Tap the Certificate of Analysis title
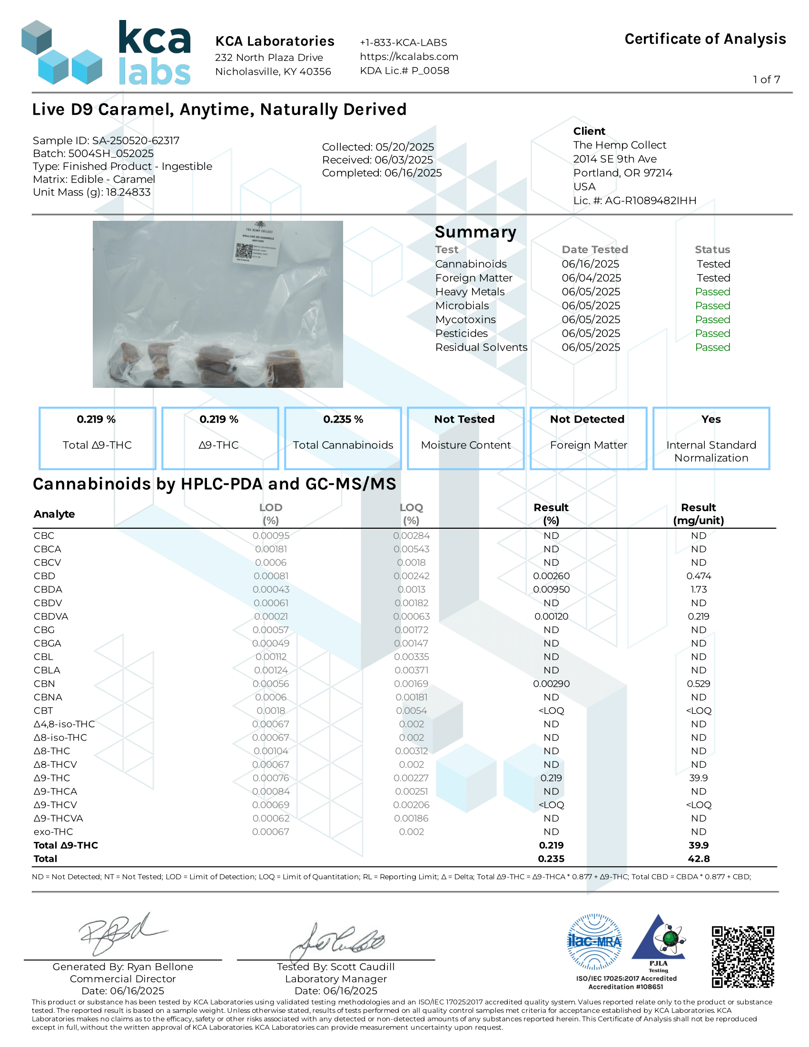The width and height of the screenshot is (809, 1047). pos(704,39)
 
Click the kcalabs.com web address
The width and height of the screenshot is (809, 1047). pos(409,57)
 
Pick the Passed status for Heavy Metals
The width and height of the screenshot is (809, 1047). pos(712,291)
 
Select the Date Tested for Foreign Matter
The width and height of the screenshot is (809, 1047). pos(591,277)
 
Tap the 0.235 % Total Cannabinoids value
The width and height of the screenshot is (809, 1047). pos(343,419)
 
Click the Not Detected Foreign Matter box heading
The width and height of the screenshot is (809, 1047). pos(587,419)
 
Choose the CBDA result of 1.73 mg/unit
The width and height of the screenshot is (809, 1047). pos(698,589)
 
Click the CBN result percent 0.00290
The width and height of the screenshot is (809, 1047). pos(551,683)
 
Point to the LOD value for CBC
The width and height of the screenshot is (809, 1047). pos(271,535)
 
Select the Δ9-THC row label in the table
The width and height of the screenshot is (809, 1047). pos(52,778)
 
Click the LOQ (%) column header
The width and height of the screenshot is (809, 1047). pos(411,514)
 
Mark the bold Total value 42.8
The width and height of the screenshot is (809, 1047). pos(698,859)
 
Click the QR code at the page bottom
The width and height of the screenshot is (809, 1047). pos(742,957)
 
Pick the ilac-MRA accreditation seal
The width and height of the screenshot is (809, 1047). pos(594,941)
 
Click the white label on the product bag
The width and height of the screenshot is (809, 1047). pos(257,243)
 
